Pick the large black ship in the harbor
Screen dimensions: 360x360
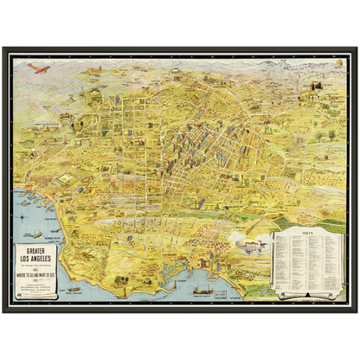[x=202, y=292]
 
